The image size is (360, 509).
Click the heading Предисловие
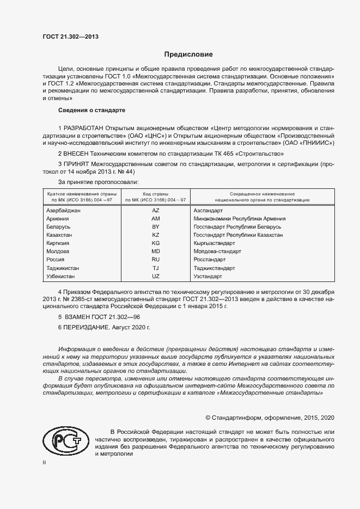[x=188, y=54]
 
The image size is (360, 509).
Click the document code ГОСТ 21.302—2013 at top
[x=70, y=37]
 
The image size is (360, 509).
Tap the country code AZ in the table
[x=155, y=210]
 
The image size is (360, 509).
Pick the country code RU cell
[x=155, y=260]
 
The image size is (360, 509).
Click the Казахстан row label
[x=60, y=235]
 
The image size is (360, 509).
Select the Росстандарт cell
[x=210, y=260]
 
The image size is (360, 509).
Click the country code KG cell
[x=155, y=243]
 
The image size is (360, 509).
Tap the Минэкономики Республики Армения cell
[x=240, y=218]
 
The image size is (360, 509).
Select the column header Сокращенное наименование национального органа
[x=263, y=197]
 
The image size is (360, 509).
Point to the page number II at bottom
[x=45, y=462]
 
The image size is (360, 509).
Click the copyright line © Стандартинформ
[x=269, y=418]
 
